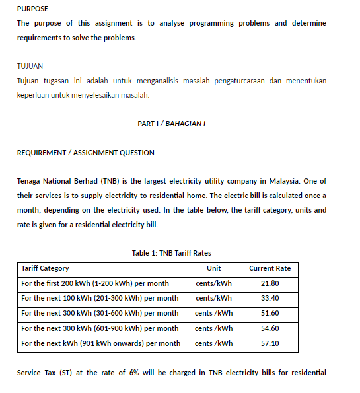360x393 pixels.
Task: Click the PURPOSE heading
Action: [x=32, y=9]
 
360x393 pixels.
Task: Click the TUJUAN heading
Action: [x=30, y=67]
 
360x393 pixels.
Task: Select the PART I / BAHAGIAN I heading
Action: [x=170, y=124]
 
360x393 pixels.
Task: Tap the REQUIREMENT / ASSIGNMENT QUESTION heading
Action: [x=85, y=153]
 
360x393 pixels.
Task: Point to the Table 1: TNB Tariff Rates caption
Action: [x=171, y=253]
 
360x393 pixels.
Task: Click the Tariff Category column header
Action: [x=45, y=268]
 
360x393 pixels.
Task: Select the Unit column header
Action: [x=213, y=268]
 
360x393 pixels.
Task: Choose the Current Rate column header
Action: [x=270, y=268]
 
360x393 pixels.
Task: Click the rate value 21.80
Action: [x=270, y=283]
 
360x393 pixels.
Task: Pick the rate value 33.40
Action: [x=270, y=298]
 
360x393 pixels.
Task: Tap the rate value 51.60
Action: [x=270, y=313]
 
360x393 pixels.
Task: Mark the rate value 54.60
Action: [x=270, y=328]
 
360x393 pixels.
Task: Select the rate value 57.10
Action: [x=270, y=343]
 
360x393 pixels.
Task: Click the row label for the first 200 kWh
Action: [x=95, y=283]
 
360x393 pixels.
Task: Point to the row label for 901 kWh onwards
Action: [x=100, y=343]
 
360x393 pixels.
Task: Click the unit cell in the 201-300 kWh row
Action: [x=213, y=298]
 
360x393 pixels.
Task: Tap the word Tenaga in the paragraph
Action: [x=30, y=181]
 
